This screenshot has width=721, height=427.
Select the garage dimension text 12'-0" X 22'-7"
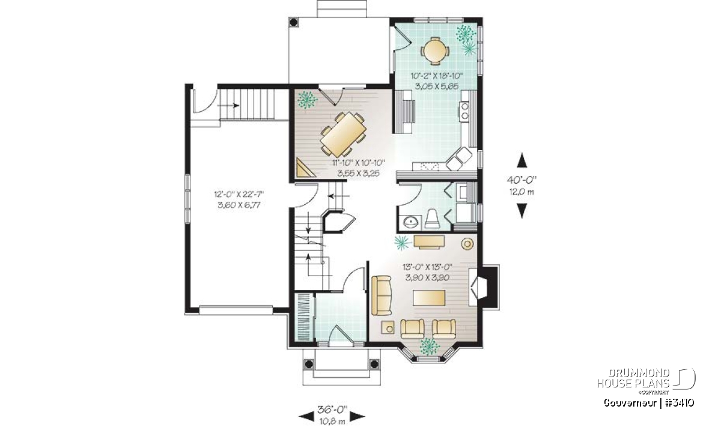pos(239,195)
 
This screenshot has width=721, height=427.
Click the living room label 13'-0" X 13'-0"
pos(427,267)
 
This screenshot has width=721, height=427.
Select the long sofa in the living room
pos(382,295)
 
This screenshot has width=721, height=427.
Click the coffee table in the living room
pos(429,298)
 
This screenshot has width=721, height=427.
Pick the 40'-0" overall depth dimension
pos(522,180)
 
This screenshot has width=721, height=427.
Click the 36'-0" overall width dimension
pos(332,410)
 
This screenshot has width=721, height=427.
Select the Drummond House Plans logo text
pos(633,378)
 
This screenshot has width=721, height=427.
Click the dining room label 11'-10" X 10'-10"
pos(359,163)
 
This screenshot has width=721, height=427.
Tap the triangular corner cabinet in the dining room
pos(305,168)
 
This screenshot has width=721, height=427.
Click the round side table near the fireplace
pos(467,244)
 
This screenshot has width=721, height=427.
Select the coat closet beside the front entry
pos(304,316)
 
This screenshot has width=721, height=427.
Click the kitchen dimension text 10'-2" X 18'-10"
pos(436,76)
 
